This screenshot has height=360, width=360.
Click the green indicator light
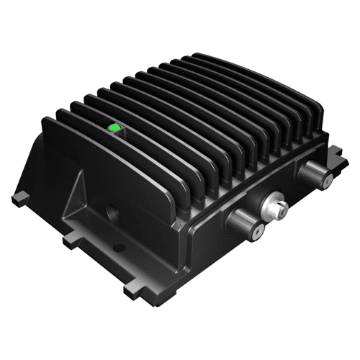click(x=113, y=128)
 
